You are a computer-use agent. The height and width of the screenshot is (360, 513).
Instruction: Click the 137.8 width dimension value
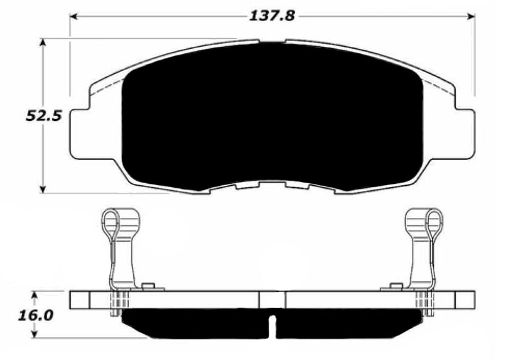coord(271,16)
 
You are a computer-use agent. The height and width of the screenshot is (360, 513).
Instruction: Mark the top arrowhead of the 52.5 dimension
coord(43,42)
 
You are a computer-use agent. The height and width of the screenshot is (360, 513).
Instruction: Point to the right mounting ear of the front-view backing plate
coord(465,132)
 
